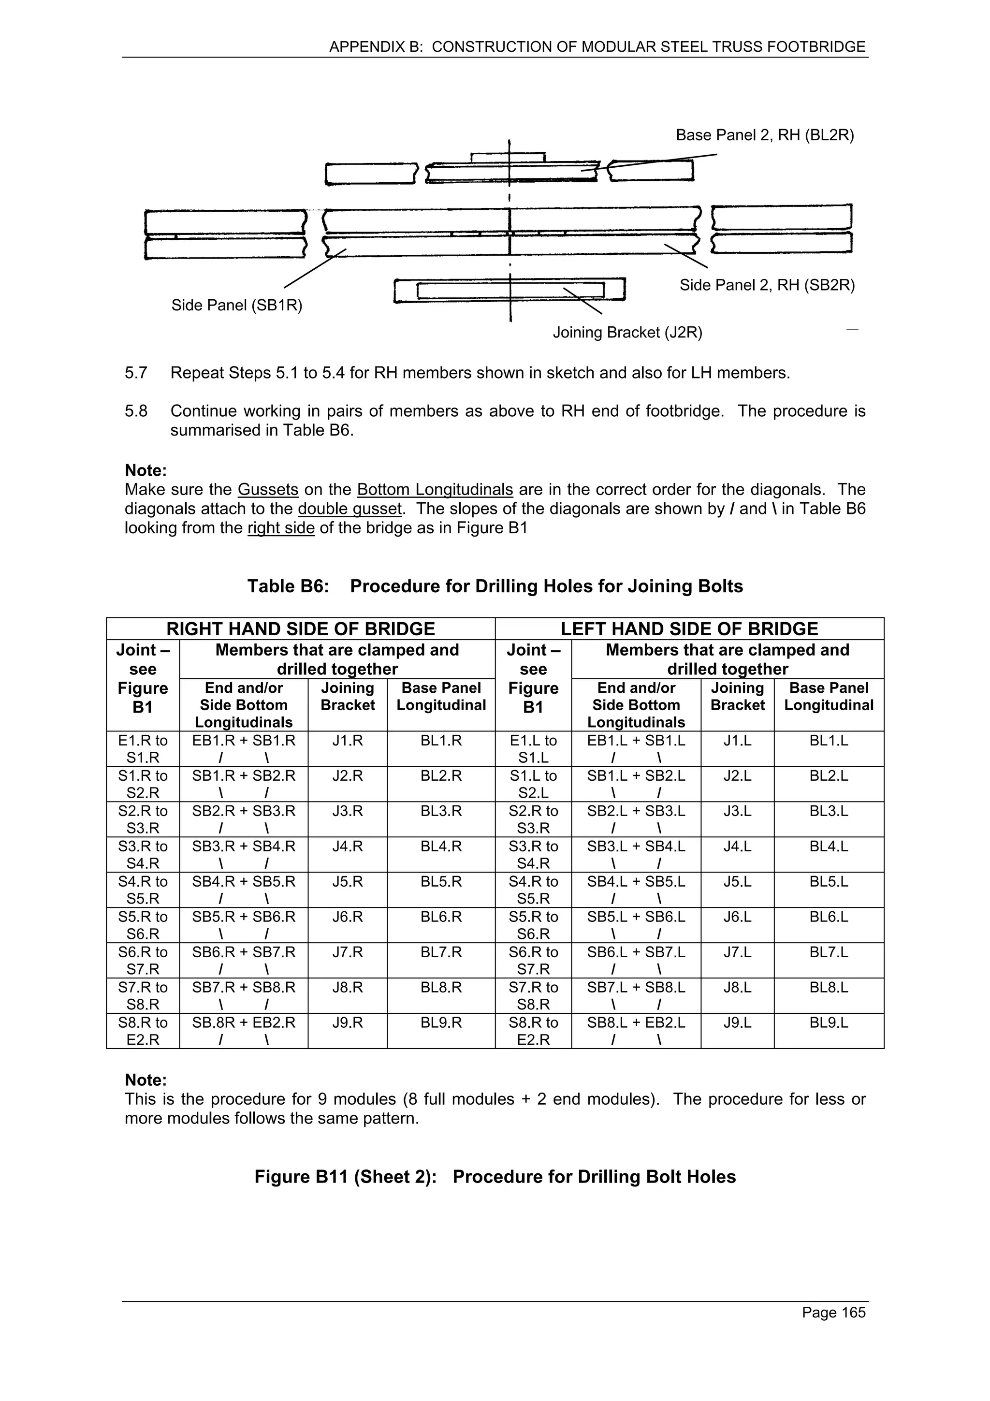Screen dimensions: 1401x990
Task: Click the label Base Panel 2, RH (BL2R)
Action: [764, 135]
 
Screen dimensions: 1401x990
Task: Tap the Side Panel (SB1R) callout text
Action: [237, 305]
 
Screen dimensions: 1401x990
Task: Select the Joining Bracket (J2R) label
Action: [627, 333]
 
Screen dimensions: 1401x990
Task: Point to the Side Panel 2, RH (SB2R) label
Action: [767, 285]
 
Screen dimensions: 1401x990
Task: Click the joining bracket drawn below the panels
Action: [510, 291]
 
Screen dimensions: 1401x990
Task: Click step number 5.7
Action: [136, 373]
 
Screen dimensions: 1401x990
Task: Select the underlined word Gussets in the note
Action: [268, 489]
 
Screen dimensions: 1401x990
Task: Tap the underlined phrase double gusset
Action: [350, 509]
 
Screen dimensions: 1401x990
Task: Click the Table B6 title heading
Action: [495, 586]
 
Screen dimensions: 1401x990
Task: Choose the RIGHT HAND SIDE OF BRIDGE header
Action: [301, 628]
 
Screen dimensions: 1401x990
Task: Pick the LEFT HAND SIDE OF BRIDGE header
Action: [689, 628]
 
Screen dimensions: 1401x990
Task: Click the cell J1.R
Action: [348, 741]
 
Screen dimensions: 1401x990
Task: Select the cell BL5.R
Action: [441, 882]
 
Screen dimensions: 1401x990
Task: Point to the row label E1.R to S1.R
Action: [143, 749]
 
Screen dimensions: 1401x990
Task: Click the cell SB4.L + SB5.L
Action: [636, 882]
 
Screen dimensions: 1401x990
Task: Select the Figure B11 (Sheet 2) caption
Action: [495, 1177]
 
